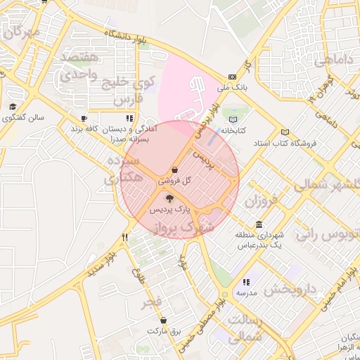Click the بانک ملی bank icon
click(x=233, y=77)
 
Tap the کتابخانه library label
click(x=233, y=130)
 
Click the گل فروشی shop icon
click(x=174, y=169)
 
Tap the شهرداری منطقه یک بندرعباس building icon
click(x=259, y=225)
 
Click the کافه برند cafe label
click(x=83, y=130)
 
